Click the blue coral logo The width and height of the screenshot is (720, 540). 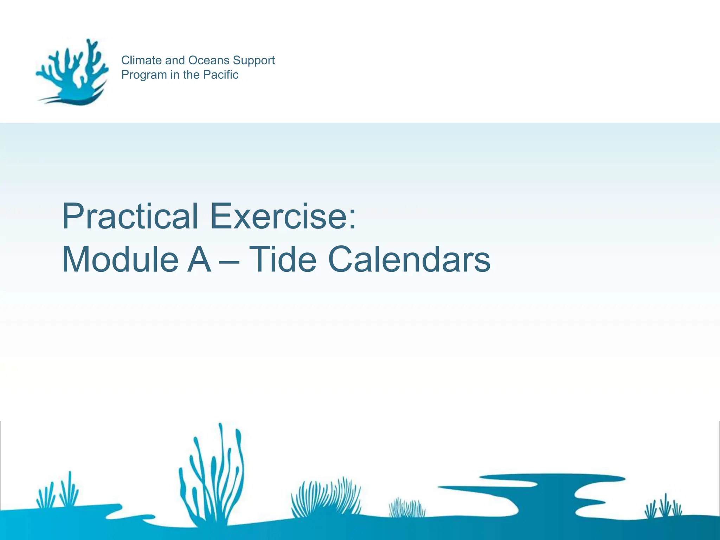(x=72, y=72)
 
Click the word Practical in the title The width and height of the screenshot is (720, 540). (x=130, y=216)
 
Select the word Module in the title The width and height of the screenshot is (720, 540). (x=120, y=259)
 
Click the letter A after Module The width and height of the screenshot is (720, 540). (x=199, y=259)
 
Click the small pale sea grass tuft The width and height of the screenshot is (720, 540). (x=407, y=508)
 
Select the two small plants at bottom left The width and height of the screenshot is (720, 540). (x=58, y=492)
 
